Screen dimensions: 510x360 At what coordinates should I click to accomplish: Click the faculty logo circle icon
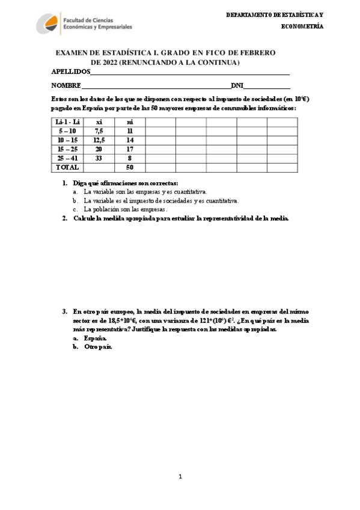[x=49, y=24]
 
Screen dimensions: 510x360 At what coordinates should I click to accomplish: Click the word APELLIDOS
[x=71, y=72]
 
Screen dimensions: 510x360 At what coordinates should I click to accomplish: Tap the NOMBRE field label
[x=66, y=85]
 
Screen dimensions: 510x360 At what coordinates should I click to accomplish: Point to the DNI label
[x=237, y=85]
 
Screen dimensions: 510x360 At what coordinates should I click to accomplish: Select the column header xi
[x=99, y=122]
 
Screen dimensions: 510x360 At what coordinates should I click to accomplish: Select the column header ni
[x=129, y=122]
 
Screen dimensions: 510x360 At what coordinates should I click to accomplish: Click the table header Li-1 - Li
[x=67, y=122]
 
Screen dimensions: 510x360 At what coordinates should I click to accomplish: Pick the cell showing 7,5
[x=99, y=131]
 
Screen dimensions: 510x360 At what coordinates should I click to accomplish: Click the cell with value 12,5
[x=99, y=140]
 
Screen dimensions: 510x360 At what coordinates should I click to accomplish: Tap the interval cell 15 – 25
[x=67, y=149]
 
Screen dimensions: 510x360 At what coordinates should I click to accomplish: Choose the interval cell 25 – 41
[x=67, y=158]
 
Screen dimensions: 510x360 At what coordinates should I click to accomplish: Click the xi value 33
[x=99, y=158]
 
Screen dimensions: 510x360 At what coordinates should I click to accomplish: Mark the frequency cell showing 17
[x=129, y=149]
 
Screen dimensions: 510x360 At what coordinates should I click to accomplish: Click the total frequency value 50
[x=129, y=167]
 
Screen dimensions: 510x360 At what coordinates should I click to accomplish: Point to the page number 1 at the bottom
[x=180, y=476]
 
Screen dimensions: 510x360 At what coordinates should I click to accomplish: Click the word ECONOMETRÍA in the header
[x=303, y=26]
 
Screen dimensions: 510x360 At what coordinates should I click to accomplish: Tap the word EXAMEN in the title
[x=72, y=53]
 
